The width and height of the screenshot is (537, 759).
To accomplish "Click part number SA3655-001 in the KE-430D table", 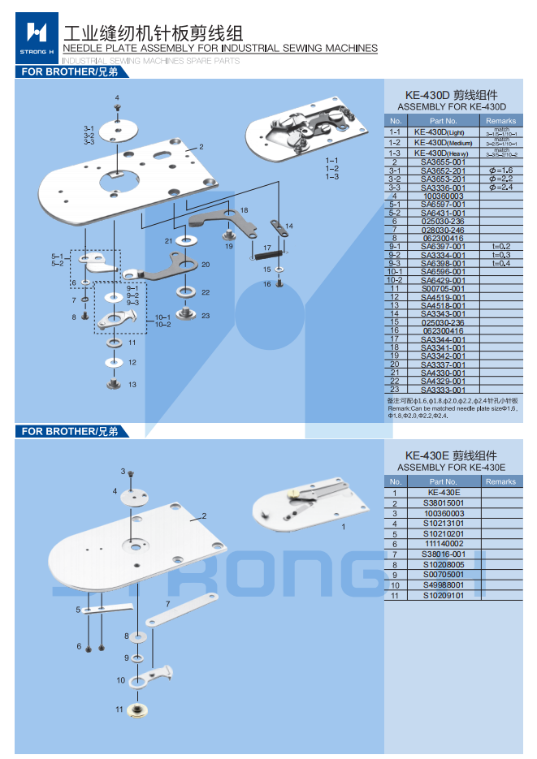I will coord(443,162).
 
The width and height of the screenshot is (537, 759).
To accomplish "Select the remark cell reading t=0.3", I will coord(500,255).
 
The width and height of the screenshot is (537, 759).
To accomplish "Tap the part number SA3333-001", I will coord(443,390).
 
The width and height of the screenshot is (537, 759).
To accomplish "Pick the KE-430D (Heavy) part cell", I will coord(443,153).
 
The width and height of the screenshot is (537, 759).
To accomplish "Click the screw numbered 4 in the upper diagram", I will coord(119,117).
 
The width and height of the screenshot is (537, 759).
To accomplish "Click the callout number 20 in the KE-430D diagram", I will coord(206,265).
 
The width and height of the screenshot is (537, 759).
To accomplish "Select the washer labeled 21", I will coord(186,241).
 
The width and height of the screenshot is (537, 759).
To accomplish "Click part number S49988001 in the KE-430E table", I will coord(443,584).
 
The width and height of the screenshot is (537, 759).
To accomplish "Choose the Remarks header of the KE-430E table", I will coord(500,481).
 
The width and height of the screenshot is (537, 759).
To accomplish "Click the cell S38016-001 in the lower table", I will coord(443,554).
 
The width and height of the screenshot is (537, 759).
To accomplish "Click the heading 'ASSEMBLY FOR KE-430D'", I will coord(452,107).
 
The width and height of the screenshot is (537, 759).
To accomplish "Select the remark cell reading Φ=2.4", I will coord(500,188).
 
